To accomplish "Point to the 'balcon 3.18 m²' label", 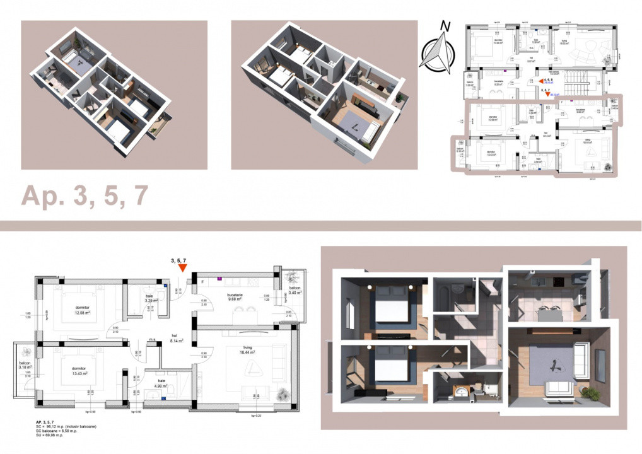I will point(23,368).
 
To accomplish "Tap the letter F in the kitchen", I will point(202,281).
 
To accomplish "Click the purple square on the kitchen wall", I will point(219,277).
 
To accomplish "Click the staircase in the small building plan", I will point(576,78).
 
